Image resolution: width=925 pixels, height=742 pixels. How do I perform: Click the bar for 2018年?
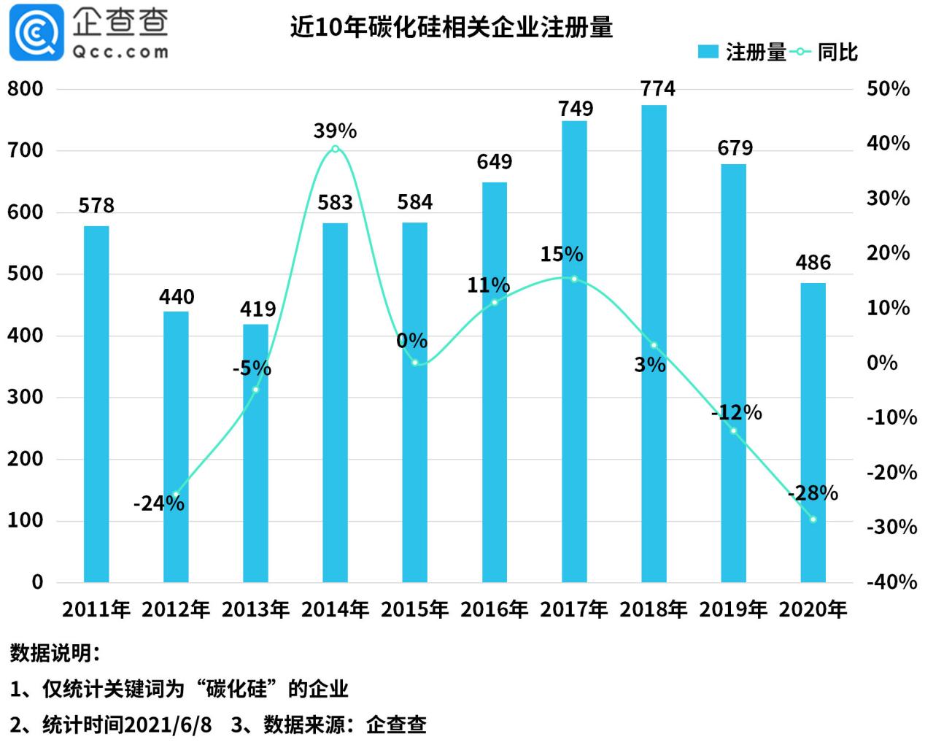pyautogui.click(x=654, y=343)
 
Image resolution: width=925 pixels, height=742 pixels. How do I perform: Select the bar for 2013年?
pyautogui.click(x=255, y=452)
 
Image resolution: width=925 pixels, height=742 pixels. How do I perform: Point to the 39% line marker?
pyautogui.click(x=335, y=149)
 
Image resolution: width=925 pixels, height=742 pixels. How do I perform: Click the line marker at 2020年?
pyautogui.click(x=813, y=519)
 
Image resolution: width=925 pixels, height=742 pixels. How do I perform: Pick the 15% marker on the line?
pyautogui.click(x=574, y=279)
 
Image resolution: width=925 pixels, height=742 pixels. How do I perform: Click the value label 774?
pyautogui.click(x=657, y=89)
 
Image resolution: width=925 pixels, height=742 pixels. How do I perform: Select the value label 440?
pyautogui.click(x=177, y=297)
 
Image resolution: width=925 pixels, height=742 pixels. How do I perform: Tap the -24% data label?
pyautogui.click(x=158, y=503)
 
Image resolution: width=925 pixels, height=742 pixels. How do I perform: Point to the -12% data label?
pyautogui.click(x=736, y=413)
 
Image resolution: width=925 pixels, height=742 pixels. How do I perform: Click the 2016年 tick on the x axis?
pyautogui.click(x=494, y=609)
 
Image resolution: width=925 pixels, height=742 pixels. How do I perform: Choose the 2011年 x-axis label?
pyautogui.click(x=96, y=609)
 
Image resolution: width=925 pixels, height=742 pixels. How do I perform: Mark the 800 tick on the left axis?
pyautogui.click(x=26, y=89)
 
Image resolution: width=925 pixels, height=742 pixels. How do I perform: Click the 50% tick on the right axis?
pyautogui.click(x=888, y=89)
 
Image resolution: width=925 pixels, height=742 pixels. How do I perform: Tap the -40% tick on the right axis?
pyautogui.click(x=891, y=582)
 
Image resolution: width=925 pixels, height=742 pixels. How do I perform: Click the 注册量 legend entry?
pyautogui.click(x=742, y=52)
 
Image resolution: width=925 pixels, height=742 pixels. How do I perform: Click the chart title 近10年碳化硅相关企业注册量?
pyautogui.click(x=451, y=27)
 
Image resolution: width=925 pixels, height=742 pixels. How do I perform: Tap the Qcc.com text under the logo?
pyautogui.click(x=121, y=52)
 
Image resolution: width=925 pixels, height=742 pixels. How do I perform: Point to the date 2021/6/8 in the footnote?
pyautogui.click(x=168, y=724)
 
